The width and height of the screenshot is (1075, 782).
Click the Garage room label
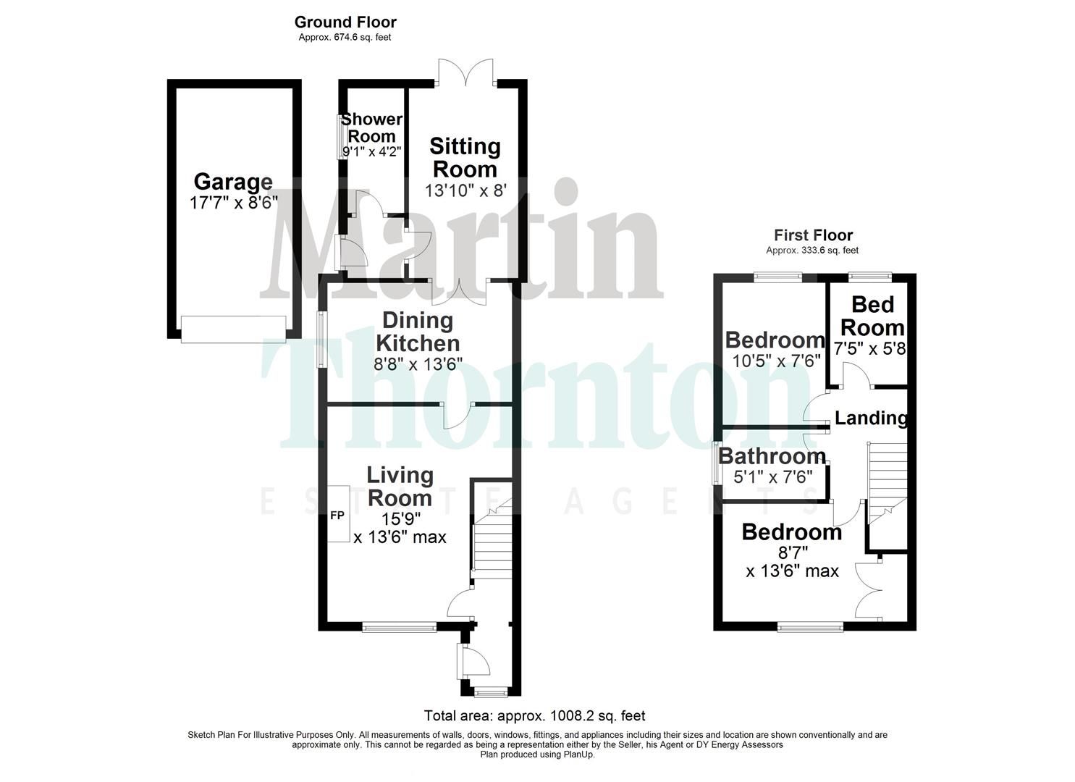tap(233, 182)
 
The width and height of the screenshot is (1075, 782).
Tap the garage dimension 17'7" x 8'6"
tap(233, 202)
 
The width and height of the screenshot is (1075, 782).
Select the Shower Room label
tap(372, 127)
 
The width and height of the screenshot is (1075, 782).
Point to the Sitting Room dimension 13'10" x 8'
tap(465, 191)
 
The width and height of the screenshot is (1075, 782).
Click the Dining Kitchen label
tap(418, 331)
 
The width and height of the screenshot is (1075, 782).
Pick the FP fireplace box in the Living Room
tap(338, 515)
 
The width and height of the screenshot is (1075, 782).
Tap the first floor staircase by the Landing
tap(887, 482)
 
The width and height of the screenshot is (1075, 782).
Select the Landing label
tap(871, 418)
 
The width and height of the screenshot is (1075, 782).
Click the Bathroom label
tap(772, 456)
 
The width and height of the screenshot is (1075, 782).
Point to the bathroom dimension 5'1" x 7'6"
tap(772, 476)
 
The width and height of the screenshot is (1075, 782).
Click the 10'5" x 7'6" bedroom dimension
tap(775, 360)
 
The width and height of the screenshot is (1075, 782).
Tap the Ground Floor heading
tap(345, 22)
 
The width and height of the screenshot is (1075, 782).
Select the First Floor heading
tap(813, 235)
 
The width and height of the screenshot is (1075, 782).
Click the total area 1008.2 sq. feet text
tap(534, 716)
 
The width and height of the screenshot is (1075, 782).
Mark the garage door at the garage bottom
tap(233, 329)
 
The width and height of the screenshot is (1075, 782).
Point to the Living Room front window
tap(399, 628)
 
